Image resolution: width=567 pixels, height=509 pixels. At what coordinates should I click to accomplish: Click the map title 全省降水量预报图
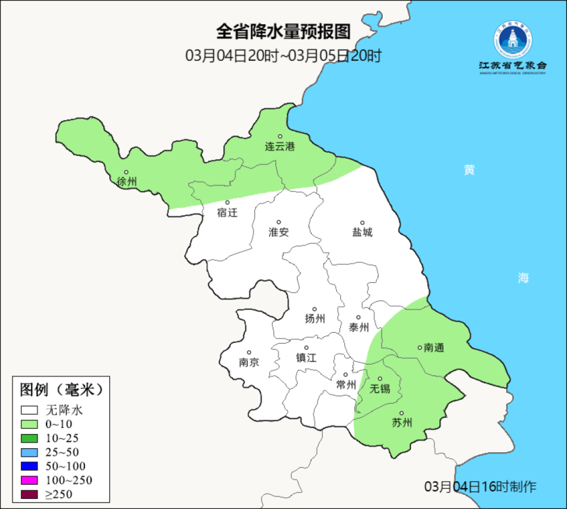click(283, 31)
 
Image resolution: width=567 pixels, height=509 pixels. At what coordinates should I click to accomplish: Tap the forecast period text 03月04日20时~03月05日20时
click(283, 56)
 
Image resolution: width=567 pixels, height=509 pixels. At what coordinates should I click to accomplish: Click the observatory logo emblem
click(512, 41)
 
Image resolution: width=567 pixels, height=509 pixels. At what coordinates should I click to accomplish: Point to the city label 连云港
click(280, 147)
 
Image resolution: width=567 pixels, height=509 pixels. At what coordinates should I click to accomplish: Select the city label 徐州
click(127, 181)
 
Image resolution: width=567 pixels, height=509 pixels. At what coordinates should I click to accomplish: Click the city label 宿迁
click(227, 213)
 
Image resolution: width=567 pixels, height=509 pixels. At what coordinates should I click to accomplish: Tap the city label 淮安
click(279, 232)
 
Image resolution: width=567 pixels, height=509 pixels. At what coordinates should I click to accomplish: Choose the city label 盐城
click(363, 232)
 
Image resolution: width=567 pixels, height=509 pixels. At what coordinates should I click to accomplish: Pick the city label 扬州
click(315, 319)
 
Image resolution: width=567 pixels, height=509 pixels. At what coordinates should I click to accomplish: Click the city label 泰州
click(359, 328)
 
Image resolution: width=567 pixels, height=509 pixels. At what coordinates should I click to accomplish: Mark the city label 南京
click(249, 362)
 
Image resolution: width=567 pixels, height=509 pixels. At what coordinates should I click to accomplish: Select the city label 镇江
click(307, 358)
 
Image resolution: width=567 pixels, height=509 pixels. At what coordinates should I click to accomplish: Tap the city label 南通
click(434, 348)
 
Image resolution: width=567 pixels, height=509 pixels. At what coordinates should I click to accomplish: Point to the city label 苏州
click(402, 423)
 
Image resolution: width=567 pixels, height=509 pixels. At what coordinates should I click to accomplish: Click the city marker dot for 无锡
click(380, 379)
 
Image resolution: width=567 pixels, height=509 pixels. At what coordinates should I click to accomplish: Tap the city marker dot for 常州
click(346, 374)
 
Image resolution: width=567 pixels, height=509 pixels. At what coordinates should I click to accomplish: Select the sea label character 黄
click(470, 170)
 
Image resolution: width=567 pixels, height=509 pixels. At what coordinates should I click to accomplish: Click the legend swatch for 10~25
click(30, 438)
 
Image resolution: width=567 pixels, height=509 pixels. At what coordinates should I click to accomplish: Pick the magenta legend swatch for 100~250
click(30, 480)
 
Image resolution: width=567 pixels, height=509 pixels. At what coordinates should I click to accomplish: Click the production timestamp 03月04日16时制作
click(481, 487)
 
